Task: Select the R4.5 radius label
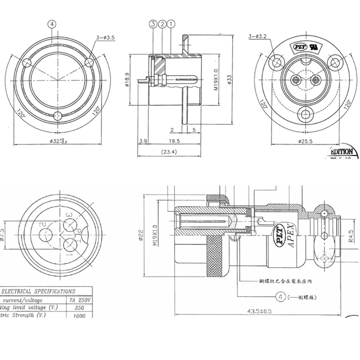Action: tap(351, 236)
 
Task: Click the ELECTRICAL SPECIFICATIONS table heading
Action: tap(40, 291)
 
